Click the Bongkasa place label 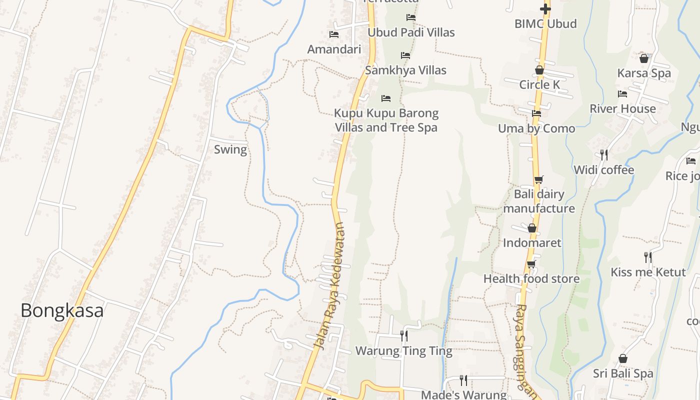pos(62,310)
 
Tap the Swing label pos(230,149)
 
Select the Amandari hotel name pos(334,49)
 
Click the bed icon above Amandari pos(334,34)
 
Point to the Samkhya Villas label pos(405,70)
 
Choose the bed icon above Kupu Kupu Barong pos(386,98)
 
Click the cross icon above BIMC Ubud pos(545,8)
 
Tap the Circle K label pos(539,85)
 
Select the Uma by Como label pos(536,128)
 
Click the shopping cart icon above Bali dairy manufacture pos(538,180)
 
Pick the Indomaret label pos(532,243)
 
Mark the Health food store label pos(531,278)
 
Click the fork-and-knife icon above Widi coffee pos(604,155)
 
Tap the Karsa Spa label pos(644,73)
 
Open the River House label pos(622,108)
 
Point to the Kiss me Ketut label pos(648,272)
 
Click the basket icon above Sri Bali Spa pos(623,358)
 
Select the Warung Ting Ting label pos(403,351)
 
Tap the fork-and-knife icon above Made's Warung pos(463,380)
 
